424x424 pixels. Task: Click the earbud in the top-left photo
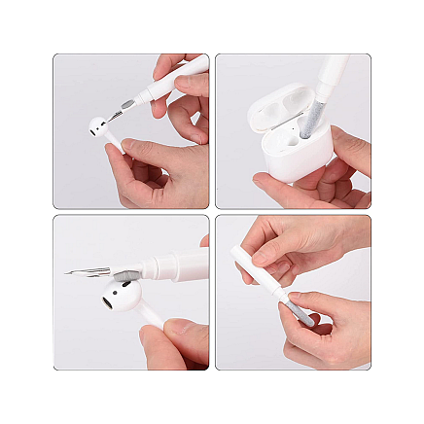coord(97,127)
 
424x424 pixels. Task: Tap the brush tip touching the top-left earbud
coord(115,115)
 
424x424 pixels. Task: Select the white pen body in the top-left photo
coord(170,83)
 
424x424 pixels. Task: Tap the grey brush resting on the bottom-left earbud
coord(122,277)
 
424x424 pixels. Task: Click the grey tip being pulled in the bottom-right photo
coord(296,312)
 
